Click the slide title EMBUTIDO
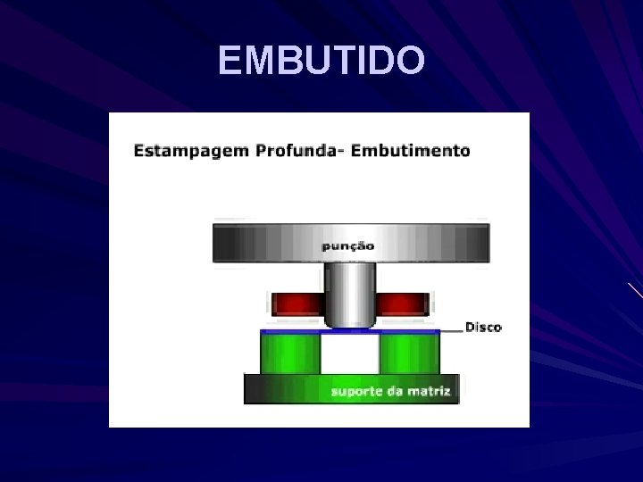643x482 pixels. click(x=321, y=61)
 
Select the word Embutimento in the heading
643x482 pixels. click(x=411, y=151)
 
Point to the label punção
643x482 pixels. click(x=349, y=245)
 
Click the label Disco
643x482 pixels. click(x=483, y=327)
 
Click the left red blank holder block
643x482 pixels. click(x=296, y=304)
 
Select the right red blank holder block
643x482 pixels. click(x=404, y=304)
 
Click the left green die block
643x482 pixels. click(x=290, y=353)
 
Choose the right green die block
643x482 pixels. click(x=410, y=353)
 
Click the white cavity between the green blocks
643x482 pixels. click(x=350, y=355)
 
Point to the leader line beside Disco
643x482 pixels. click(x=451, y=328)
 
